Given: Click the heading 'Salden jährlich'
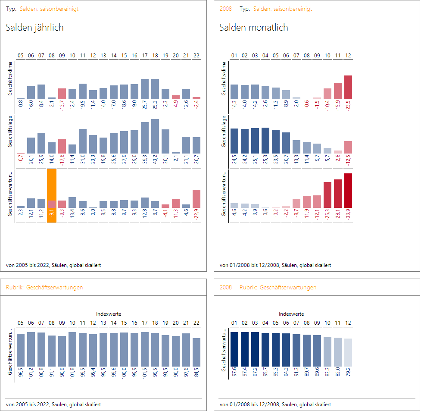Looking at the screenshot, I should pos(34,28).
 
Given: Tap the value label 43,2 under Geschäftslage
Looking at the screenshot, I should pos(155,159).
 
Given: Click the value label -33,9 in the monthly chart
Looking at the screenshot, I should pos(348,215).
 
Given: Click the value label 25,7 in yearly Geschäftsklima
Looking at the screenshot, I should pos(145,104).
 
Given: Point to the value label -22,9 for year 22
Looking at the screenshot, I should pos(196,215).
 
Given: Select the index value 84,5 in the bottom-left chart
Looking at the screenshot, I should pos(196,371).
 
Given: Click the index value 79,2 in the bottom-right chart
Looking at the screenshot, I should pos(348,371).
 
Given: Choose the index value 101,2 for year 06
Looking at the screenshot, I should pos(31,371).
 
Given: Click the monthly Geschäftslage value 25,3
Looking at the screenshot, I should pos(265,159).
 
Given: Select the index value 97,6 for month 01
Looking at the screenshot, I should pos(234,371).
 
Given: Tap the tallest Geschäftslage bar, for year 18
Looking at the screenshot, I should pos(155,136).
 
